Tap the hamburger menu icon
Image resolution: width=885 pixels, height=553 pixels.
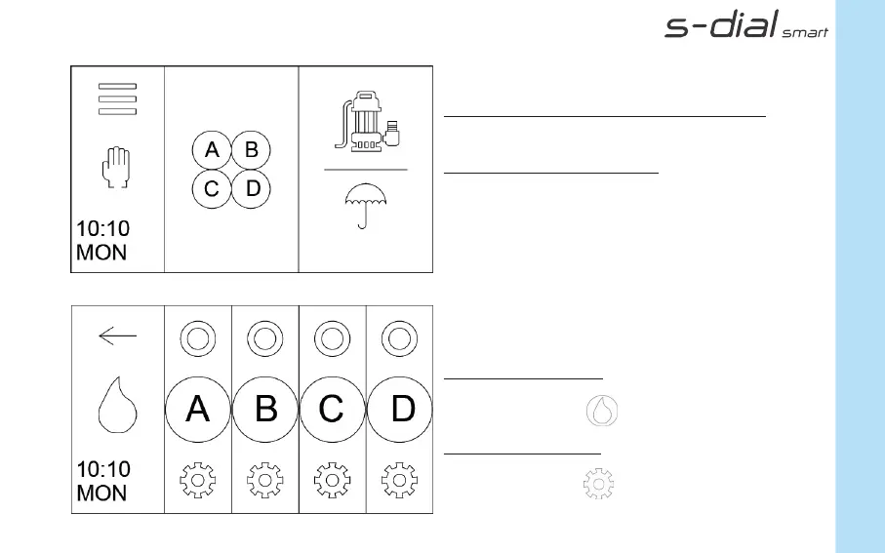point(117,99)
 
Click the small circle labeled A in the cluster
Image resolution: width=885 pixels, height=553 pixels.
point(211,150)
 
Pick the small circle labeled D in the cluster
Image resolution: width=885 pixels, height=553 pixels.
point(251,188)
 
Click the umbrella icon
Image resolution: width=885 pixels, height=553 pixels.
point(366,206)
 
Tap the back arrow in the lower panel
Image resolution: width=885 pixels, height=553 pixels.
point(117,336)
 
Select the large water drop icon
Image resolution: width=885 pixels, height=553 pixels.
point(117,408)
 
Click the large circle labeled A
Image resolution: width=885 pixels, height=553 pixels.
point(198,409)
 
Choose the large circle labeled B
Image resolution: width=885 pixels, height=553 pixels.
point(265,409)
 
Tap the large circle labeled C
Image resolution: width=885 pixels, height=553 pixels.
point(332,409)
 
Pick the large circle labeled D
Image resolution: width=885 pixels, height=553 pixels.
point(402,409)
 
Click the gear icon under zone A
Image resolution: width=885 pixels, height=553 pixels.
point(198,480)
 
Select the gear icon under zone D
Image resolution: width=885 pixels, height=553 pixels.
point(398,480)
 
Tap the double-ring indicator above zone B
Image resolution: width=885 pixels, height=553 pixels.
point(264,339)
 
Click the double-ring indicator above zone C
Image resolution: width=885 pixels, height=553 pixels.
point(332,339)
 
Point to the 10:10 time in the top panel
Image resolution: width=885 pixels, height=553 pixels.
point(102,229)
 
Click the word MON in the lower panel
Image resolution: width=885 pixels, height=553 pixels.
point(101,494)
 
